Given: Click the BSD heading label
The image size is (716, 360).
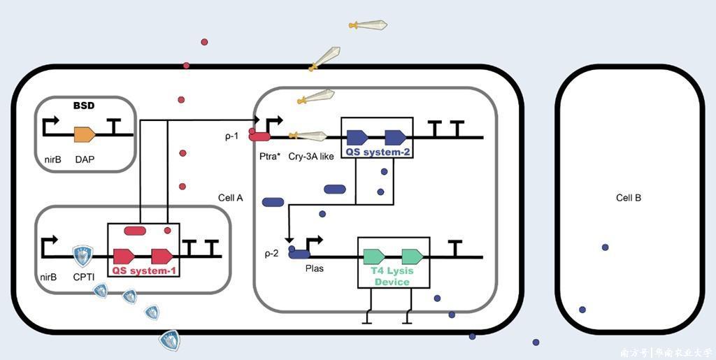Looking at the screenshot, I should point(84,106).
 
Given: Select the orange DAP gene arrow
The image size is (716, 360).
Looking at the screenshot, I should point(84,135).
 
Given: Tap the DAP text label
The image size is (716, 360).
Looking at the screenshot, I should point(85,159).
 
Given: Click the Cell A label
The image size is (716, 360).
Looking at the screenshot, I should point(231,198).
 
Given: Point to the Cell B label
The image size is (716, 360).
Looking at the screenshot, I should point(629,198).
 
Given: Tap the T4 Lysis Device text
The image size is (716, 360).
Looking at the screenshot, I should point(392,276).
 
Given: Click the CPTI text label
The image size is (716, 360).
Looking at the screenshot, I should point(84,278).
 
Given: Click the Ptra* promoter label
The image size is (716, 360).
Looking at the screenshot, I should point(269,156).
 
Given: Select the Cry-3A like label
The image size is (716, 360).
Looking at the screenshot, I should point(311,156).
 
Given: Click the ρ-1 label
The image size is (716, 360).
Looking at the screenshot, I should point(232,136).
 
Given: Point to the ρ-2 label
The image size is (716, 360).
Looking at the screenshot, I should point(271,253).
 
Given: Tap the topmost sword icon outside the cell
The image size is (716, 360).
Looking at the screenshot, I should point(368,25).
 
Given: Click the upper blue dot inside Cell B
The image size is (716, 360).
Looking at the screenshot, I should point(605,247).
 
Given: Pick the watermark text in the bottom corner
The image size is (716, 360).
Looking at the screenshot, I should point(665,352).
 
